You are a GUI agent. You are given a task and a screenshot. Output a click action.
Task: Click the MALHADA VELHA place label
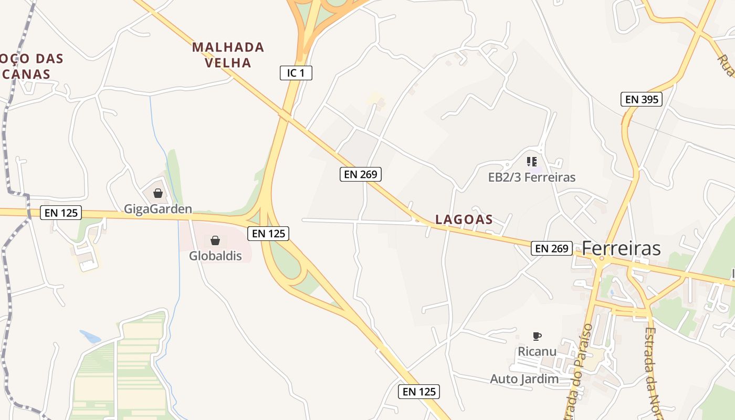point(228,55)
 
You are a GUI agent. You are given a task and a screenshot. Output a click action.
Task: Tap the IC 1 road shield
point(296,73)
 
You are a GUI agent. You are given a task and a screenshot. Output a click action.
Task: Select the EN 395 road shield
point(641,99)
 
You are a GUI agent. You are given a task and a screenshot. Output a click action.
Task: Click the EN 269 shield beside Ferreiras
point(551,248)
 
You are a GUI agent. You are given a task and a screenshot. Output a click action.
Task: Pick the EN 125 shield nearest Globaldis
point(268,233)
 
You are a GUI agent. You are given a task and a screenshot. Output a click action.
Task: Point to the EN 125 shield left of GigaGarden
point(61,213)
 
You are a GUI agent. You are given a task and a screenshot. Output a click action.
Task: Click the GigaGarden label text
point(158,209)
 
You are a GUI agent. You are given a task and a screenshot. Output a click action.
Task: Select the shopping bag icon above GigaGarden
point(158,193)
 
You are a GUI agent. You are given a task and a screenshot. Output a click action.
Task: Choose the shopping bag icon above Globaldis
point(215,240)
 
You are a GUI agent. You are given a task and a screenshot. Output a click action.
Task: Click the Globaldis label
point(215,256)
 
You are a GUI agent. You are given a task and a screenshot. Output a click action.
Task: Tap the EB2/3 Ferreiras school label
point(532,177)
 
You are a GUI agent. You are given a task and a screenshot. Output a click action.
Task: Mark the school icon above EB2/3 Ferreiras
point(532,162)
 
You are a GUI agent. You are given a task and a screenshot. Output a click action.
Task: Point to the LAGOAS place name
point(464,219)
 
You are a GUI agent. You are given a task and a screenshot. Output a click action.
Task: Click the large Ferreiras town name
point(621,248)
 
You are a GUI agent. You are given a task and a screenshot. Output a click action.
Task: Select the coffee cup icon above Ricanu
point(537,336)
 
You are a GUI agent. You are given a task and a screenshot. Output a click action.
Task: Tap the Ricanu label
point(537,351)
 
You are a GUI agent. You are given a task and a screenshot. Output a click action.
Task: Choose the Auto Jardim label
point(524,379)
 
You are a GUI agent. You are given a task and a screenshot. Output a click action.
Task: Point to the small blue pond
point(90,337)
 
